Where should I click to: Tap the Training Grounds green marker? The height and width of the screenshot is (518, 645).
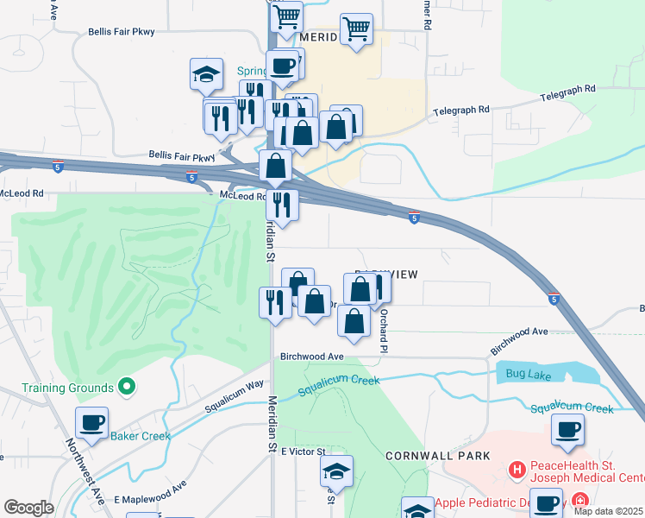[127, 388]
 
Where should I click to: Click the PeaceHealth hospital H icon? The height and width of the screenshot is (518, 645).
[517, 470]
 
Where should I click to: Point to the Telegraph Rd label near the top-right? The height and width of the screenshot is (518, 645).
[567, 89]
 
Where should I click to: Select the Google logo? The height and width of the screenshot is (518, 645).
[28, 508]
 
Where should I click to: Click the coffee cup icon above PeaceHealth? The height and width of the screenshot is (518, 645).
[567, 429]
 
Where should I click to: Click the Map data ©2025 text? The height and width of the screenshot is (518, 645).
[608, 511]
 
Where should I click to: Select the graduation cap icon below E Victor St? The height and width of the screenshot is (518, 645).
[337, 471]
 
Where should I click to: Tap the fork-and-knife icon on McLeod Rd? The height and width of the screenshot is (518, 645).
[281, 205]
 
